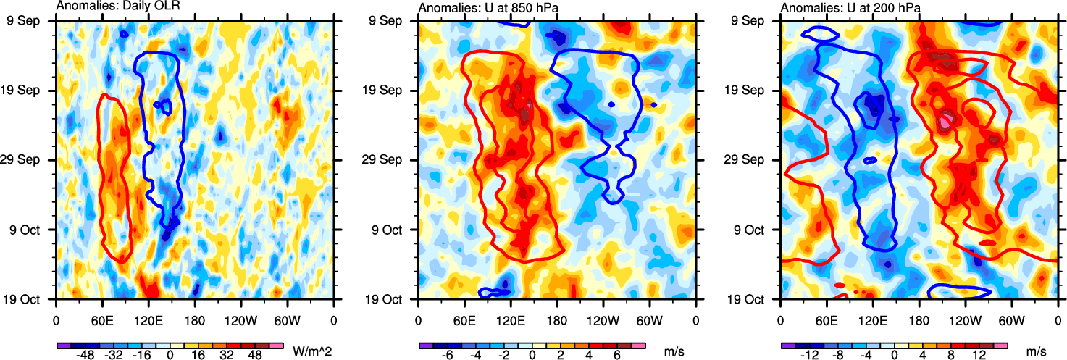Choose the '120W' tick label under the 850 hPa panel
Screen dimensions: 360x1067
(x=603, y=319)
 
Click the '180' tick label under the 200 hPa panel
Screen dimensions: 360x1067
(x=919, y=319)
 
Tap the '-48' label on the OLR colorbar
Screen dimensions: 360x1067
(x=85, y=357)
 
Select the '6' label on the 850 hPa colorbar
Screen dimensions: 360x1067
(x=617, y=357)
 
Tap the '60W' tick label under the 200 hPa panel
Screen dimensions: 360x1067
(x=1011, y=319)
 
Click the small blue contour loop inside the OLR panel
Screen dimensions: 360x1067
(x=164, y=106)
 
